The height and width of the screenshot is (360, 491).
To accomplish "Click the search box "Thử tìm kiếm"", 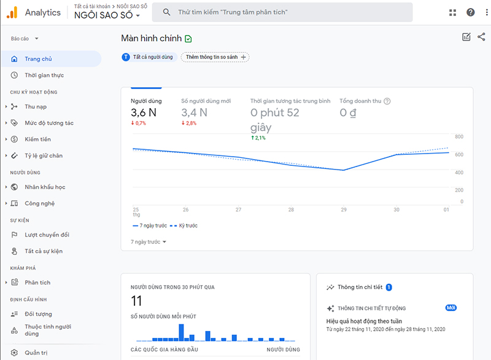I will click(282, 12).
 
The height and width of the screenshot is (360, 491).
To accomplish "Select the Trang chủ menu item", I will click(38, 59).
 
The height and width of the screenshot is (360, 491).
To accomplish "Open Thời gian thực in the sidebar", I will click(44, 75).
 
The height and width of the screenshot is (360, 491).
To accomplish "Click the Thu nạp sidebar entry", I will click(36, 106).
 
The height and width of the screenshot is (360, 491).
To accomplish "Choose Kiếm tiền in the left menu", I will click(37, 139).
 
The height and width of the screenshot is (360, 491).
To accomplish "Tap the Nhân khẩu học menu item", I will click(45, 187).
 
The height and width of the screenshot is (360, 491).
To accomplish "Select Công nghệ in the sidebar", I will click(39, 203).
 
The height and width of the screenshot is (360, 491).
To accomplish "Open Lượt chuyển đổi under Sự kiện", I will click(47, 235).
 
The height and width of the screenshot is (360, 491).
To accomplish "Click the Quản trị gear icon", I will click(14, 353).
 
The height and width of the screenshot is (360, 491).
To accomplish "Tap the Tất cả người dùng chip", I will click(149, 57).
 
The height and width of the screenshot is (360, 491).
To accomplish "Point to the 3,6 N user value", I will click(144, 112).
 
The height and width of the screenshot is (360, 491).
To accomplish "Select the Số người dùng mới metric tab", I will click(206, 101).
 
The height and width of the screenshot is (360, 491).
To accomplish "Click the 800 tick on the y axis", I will click(458, 137).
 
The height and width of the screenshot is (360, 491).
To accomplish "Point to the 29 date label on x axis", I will click(343, 209).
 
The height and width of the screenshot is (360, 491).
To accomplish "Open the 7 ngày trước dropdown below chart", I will click(149, 242).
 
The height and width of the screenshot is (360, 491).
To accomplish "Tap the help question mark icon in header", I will click(470, 12).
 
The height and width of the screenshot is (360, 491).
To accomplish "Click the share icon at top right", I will click(481, 37).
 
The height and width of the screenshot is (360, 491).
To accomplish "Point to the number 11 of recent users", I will click(137, 300).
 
